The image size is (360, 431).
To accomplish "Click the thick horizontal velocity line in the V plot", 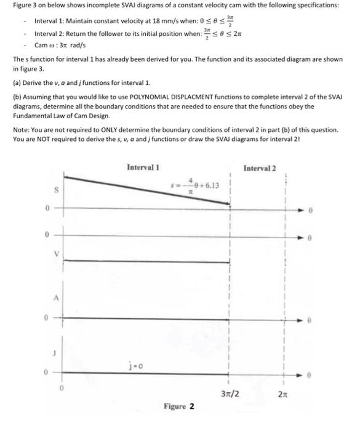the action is [x=148, y=260].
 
